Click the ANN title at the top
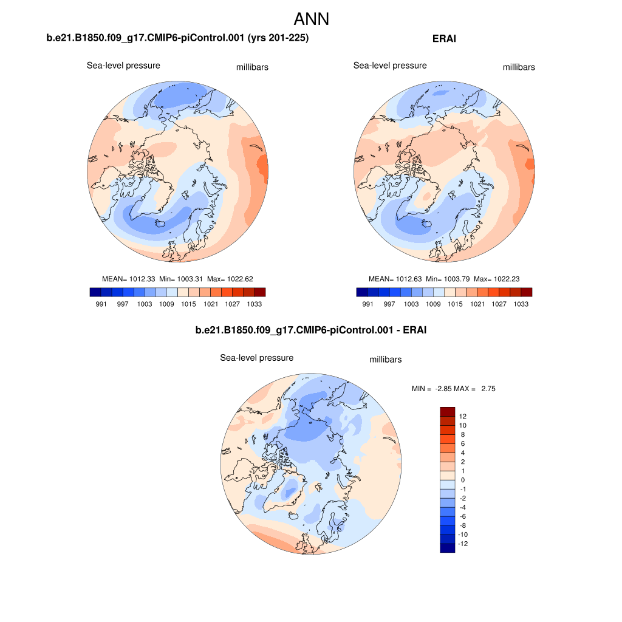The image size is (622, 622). coord(311,19)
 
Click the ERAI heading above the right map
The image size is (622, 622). coord(444,38)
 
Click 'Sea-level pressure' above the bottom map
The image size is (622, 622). coord(256,358)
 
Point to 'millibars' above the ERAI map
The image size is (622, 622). coord(519,67)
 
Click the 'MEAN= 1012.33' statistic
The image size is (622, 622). coord(129,279)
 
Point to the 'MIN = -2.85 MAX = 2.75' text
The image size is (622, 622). coord(454,389)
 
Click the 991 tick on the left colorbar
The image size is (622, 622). coord(101,304)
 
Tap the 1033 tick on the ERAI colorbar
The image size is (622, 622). coord(520,304)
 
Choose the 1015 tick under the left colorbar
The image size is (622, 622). coord(188,304)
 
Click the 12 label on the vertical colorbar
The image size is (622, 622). coord(463,417)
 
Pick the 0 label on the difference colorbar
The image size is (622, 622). coord(463,480)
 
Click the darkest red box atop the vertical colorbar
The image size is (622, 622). coord(447,411)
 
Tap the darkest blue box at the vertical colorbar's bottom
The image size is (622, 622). coord(447,548)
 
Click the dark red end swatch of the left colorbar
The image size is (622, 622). coord(261,292)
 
